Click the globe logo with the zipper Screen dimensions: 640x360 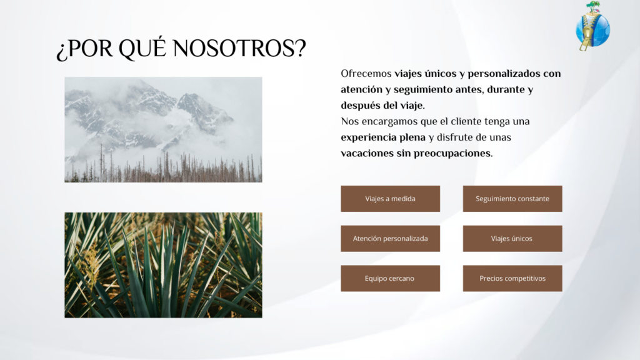pyautogui.click(x=592, y=27)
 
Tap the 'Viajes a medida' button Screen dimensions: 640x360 pyautogui.click(x=390, y=199)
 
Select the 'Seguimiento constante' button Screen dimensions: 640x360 pyautogui.click(x=512, y=199)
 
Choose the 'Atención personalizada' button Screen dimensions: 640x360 pyautogui.click(x=390, y=238)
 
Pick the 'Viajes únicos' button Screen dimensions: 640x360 pyautogui.click(x=512, y=238)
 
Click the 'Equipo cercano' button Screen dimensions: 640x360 pyautogui.click(x=390, y=278)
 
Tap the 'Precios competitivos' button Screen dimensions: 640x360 pyautogui.click(x=512, y=278)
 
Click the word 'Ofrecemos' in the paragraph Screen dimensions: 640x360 pyautogui.click(x=366, y=74)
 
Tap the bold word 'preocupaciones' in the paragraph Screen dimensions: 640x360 pyautogui.click(x=453, y=154)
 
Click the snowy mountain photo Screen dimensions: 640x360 pyautogui.click(x=163, y=129)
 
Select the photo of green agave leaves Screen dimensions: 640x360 pyautogui.click(x=163, y=265)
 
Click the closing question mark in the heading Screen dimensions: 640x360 pyautogui.click(x=301, y=48)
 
